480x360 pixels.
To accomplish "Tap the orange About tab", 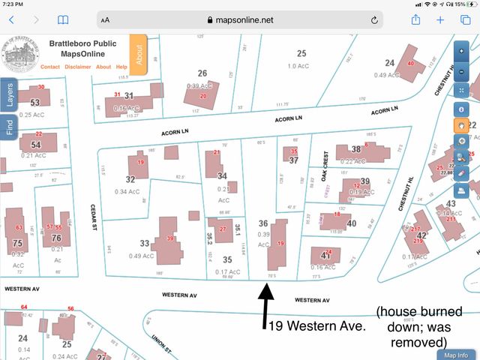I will tap(139, 54).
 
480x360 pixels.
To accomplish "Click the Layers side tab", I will tap(10, 96).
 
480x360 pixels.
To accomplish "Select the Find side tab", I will tap(10, 125).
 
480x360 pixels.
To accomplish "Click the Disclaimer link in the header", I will tap(78, 67).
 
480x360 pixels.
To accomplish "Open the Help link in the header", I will tap(121, 67).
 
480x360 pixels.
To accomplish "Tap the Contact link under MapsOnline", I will tap(50, 67).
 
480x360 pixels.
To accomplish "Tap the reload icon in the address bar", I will tap(374, 20).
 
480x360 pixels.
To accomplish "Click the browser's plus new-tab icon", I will tap(440, 20).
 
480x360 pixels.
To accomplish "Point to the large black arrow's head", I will tap(267, 286).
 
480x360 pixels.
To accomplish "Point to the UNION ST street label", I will tap(161, 344).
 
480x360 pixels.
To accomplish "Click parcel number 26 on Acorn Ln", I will tap(202, 73).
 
